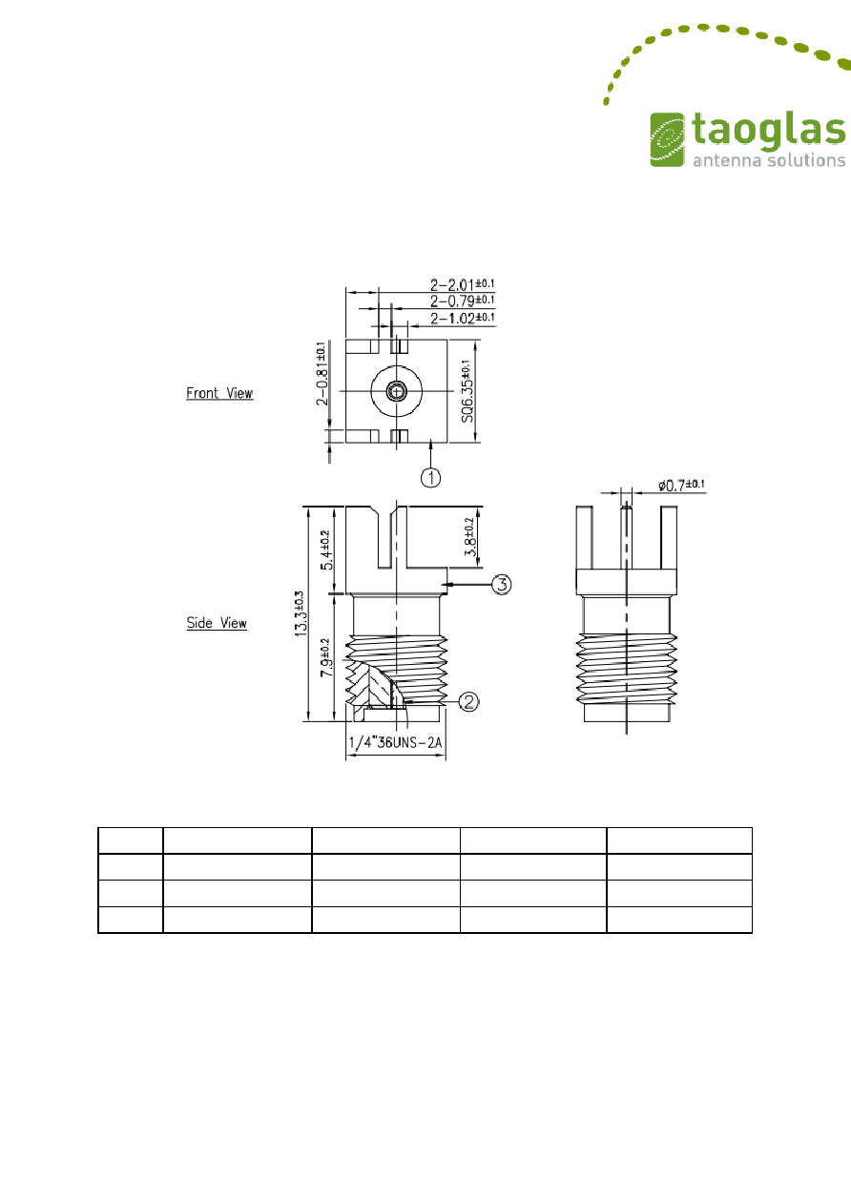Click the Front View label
point(219,393)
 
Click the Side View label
point(217,623)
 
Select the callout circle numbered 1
point(430,477)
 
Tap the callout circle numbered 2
point(468,701)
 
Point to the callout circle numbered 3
point(502,584)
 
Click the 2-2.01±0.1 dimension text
point(463,284)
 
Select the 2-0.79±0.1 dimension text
point(463,301)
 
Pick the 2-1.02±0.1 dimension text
point(463,318)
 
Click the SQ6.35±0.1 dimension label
point(467,391)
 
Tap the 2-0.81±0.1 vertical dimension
point(322,373)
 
